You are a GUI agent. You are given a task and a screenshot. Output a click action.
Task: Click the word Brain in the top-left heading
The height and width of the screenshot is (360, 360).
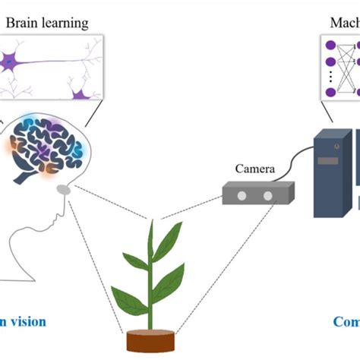(x=22, y=23)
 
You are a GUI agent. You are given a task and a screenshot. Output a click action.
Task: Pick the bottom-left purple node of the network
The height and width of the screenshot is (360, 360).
(x=330, y=93)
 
